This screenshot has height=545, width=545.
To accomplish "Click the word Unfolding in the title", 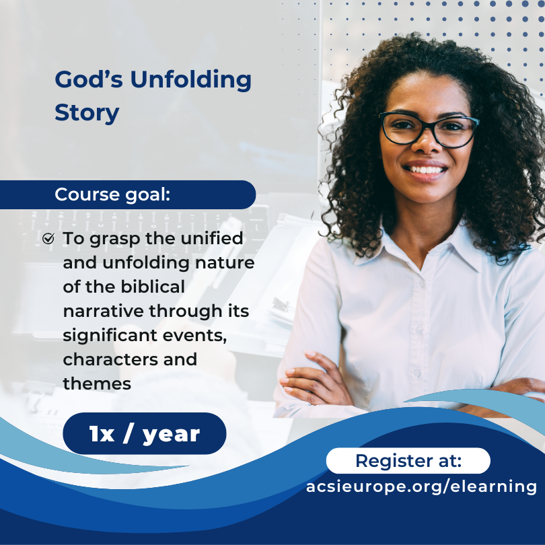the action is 191,80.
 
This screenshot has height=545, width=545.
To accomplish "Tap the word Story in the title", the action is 87,114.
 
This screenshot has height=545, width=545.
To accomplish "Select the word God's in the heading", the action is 89,79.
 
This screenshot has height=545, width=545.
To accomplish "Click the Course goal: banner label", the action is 112,194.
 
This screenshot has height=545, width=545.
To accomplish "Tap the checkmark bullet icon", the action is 48,238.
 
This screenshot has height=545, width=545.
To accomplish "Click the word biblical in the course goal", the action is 153,287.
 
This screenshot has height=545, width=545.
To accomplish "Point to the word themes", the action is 97,384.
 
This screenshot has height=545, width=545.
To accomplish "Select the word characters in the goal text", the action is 110,360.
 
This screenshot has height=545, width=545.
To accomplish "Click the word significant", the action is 110,336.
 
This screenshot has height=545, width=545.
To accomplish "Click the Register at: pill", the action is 408,461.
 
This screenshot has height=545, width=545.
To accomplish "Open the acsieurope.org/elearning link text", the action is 421,486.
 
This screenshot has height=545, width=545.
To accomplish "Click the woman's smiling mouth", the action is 425,170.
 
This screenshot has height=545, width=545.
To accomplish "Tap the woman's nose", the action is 427,144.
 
